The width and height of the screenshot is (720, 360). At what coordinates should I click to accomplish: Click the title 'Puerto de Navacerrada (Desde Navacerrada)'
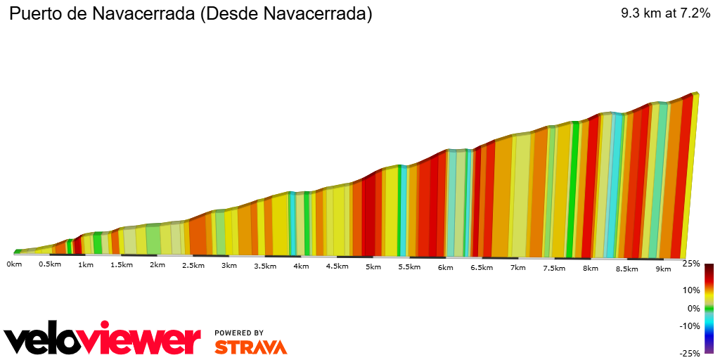tap(190, 13)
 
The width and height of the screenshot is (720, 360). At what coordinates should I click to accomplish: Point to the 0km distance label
tap(13, 264)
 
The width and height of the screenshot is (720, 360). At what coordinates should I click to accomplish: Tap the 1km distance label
tap(86, 265)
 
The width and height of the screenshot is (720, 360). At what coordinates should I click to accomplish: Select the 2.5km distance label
tap(193, 265)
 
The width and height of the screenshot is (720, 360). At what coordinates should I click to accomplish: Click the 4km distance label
tap(301, 266)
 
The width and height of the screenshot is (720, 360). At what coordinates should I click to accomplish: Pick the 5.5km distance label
tap(409, 266)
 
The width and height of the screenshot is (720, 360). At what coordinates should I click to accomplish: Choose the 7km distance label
tap(517, 267)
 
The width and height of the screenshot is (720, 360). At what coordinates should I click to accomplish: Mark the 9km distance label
tap(662, 269)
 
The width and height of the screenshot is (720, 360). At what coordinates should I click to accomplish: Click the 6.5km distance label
tap(482, 267)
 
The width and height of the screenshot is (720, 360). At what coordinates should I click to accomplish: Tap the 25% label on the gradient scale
tap(691, 264)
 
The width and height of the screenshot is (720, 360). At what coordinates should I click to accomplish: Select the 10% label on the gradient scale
tap(691, 290)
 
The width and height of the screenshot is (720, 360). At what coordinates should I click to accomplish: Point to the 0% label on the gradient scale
tap(693, 308)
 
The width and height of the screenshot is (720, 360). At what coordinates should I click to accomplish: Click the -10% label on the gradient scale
tap(690, 326)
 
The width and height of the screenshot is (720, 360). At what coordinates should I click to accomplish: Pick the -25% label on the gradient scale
tap(690, 353)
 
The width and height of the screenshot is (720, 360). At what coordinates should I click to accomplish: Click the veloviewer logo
tap(102, 340)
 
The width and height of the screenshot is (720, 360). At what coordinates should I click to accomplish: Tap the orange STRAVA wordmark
tap(250, 347)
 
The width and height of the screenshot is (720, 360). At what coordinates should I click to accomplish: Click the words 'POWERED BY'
tap(239, 333)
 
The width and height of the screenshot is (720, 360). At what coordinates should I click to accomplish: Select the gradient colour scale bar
tap(709, 308)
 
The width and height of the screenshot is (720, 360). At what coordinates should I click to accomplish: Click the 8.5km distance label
tap(626, 269)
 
